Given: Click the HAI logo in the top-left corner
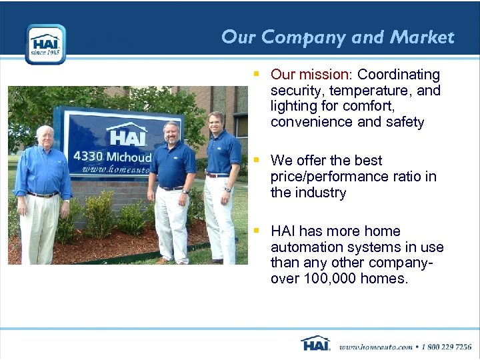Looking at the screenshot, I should (45, 44).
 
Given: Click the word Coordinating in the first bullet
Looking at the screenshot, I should (399, 75).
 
